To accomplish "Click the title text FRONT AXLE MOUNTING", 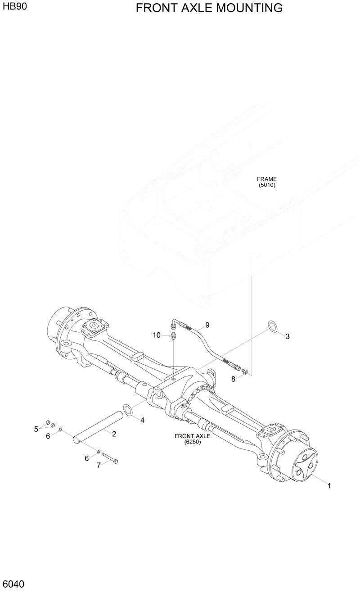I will tap(209, 8).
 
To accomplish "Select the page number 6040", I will tap(13, 584).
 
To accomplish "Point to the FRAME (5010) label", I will tap(267, 182).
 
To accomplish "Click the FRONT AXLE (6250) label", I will tap(192, 439).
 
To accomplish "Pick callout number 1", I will tap(329, 485).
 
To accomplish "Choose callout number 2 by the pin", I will tap(114, 434).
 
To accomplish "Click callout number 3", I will tap(288, 336).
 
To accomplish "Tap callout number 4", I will tap(142, 420).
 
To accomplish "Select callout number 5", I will tap(36, 429).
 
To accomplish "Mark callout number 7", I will tap(99, 465).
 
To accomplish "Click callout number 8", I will tap(233, 379).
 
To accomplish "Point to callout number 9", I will tap(207, 325).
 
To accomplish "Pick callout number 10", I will tap(157, 335).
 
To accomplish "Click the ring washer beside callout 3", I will tap(272, 326).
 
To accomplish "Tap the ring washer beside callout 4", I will tap(128, 409).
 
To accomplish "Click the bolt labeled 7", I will tap(110, 457).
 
